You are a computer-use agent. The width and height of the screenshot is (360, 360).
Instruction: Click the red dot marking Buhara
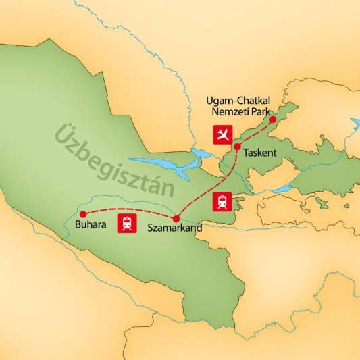(x=83, y=214)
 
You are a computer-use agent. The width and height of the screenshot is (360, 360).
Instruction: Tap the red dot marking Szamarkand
(x=176, y=219)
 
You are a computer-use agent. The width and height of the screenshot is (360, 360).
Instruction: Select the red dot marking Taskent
(x=237, y=147)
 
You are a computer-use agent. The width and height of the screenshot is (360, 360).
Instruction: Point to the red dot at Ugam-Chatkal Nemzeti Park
(x=273, y=120)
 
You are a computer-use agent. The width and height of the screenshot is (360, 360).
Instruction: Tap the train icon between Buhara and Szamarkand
(x=126, y=224)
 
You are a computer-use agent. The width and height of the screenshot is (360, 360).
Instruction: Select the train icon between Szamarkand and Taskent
(x=222, y=201)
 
